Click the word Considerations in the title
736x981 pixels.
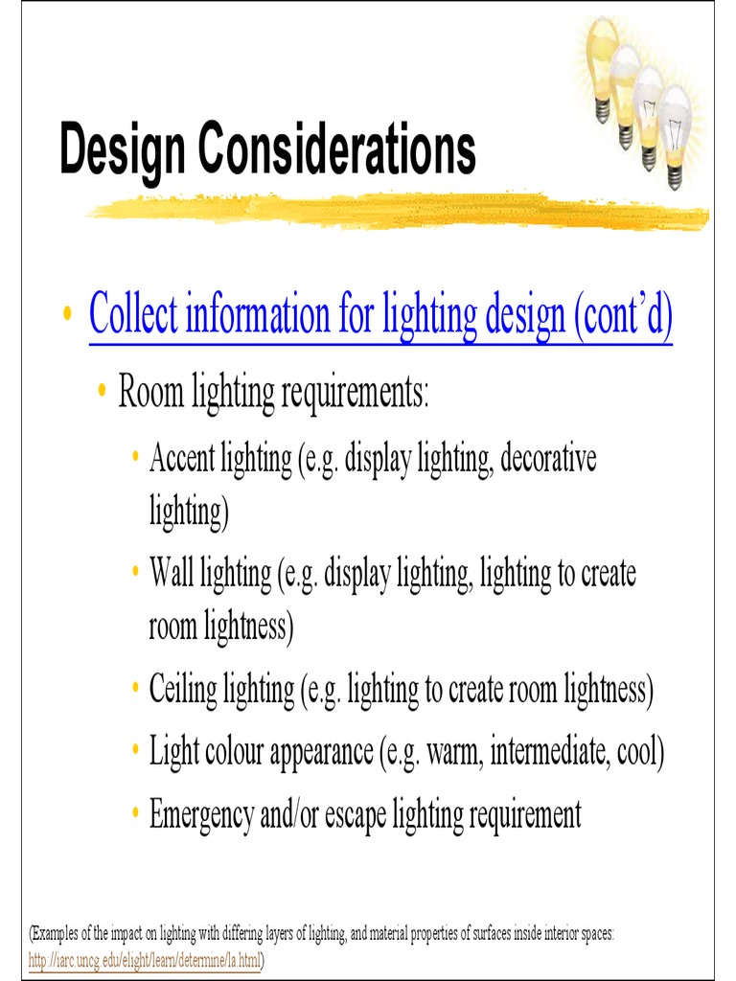click(336, 150)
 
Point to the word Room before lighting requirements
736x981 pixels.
click(149, 392)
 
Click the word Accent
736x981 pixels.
click(182, 458)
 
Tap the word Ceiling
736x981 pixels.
click(187, 689)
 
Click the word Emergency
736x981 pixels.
click(201, 814)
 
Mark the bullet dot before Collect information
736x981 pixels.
click(67, 315)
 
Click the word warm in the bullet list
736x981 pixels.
click(455, 752)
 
